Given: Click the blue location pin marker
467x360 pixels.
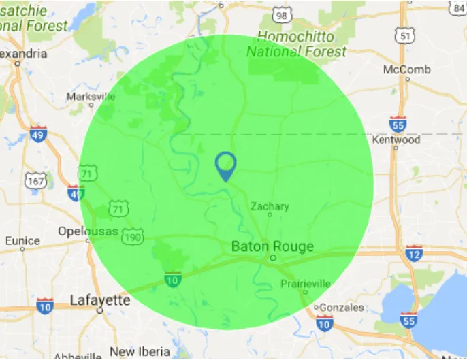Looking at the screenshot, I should (x=225, y=165).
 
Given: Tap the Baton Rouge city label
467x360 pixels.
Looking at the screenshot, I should (x=272, y=246).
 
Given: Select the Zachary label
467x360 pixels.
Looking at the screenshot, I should (x=270, y=206).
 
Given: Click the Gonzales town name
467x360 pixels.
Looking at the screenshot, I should (x=341, y=307).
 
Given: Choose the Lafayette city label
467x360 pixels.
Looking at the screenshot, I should (x=100, y=299).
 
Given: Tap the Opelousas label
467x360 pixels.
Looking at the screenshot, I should (x=88, y=231).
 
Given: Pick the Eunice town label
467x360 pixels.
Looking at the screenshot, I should (x=22, y=240).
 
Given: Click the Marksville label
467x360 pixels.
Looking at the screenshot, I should (x=91, y=97).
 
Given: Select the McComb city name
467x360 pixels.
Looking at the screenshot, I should (x=406, y=69).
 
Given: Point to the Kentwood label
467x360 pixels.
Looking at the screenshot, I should (x=396, y=140).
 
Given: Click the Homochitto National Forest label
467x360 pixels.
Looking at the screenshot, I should (x=296, y=44).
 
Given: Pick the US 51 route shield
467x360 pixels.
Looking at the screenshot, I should (x=406, y=35).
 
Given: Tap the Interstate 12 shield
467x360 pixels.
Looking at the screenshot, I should (x=413, y=255).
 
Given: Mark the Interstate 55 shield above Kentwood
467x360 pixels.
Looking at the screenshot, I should (x=399, y=125).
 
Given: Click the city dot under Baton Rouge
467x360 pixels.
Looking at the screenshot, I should (x=272, y=259).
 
